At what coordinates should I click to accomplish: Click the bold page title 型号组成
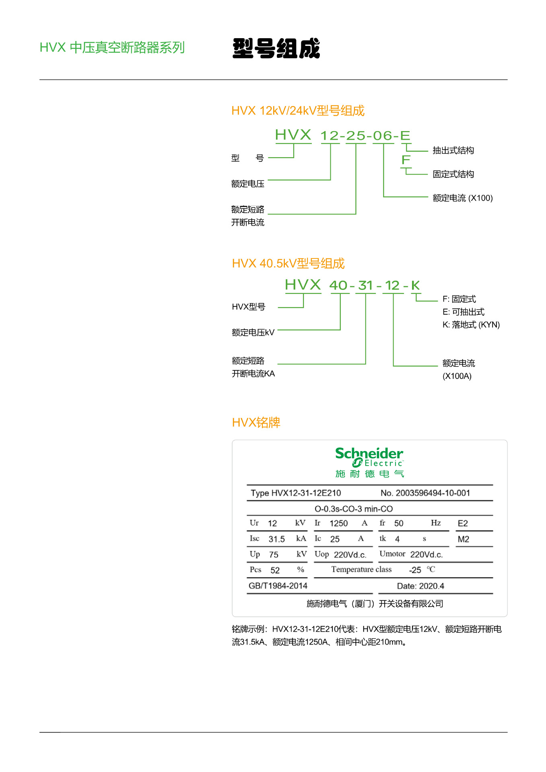coord(276,48)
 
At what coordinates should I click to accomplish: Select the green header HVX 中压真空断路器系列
coord(112,47)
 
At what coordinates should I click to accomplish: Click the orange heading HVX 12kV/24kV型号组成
coord(298,111)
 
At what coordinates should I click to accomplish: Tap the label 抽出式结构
coord(453,150)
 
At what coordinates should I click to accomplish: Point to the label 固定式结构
coord(453,174)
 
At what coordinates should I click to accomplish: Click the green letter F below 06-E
coord(406,160)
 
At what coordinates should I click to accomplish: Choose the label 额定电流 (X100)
coord(462,198)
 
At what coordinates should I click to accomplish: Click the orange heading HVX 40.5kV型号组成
coord(288,263)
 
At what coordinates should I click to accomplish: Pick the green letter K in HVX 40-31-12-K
coord(415,285)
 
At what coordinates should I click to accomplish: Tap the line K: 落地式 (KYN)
coord(471,324)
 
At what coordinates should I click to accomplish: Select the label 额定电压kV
coord(253,333)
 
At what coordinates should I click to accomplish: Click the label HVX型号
coord(248,307)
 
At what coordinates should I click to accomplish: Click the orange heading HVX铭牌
coord(256,423)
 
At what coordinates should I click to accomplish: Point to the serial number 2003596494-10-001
coord(433,493)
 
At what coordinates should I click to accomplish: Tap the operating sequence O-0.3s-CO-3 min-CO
coord(353,509)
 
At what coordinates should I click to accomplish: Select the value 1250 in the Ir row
coord(338,524)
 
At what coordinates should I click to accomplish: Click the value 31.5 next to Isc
coord(276,539)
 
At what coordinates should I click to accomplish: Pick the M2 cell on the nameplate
coord(463,539)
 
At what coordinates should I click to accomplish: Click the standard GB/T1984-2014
coord(278,586)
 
